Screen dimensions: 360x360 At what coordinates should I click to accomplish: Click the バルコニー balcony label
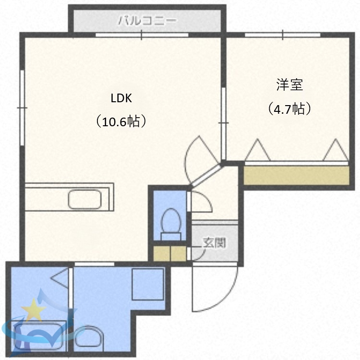click(x=148, y=21)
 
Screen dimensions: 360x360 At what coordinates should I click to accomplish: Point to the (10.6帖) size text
click(x=120, y=121)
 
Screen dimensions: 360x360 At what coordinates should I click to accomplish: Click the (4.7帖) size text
click(x=289, y=109)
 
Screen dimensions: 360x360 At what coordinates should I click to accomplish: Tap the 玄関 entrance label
click(x=214, y=243)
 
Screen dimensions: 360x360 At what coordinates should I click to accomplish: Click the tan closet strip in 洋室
click(x=296, y=175)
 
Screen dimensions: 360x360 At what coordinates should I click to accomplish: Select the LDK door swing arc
click(x=202, y=154)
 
